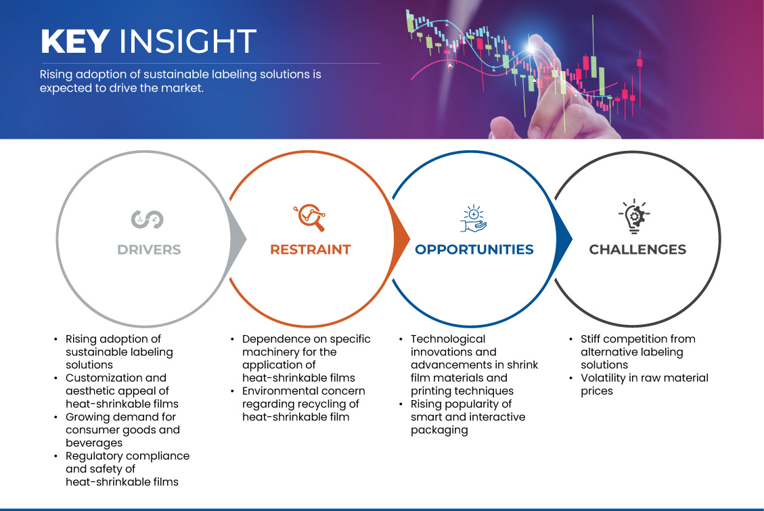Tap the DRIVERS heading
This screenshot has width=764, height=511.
pos(149,250)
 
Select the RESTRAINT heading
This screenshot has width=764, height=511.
pos(311,250)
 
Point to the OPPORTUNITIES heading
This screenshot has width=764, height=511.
pos(474,250)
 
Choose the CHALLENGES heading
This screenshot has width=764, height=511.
pos(637,250)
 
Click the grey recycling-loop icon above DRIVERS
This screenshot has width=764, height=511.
pos(147,220)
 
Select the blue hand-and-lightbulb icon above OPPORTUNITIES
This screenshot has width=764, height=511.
pos(474,219)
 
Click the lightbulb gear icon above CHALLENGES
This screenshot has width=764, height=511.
pos(634,217)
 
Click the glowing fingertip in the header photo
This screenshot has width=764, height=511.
pos(533,47)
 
